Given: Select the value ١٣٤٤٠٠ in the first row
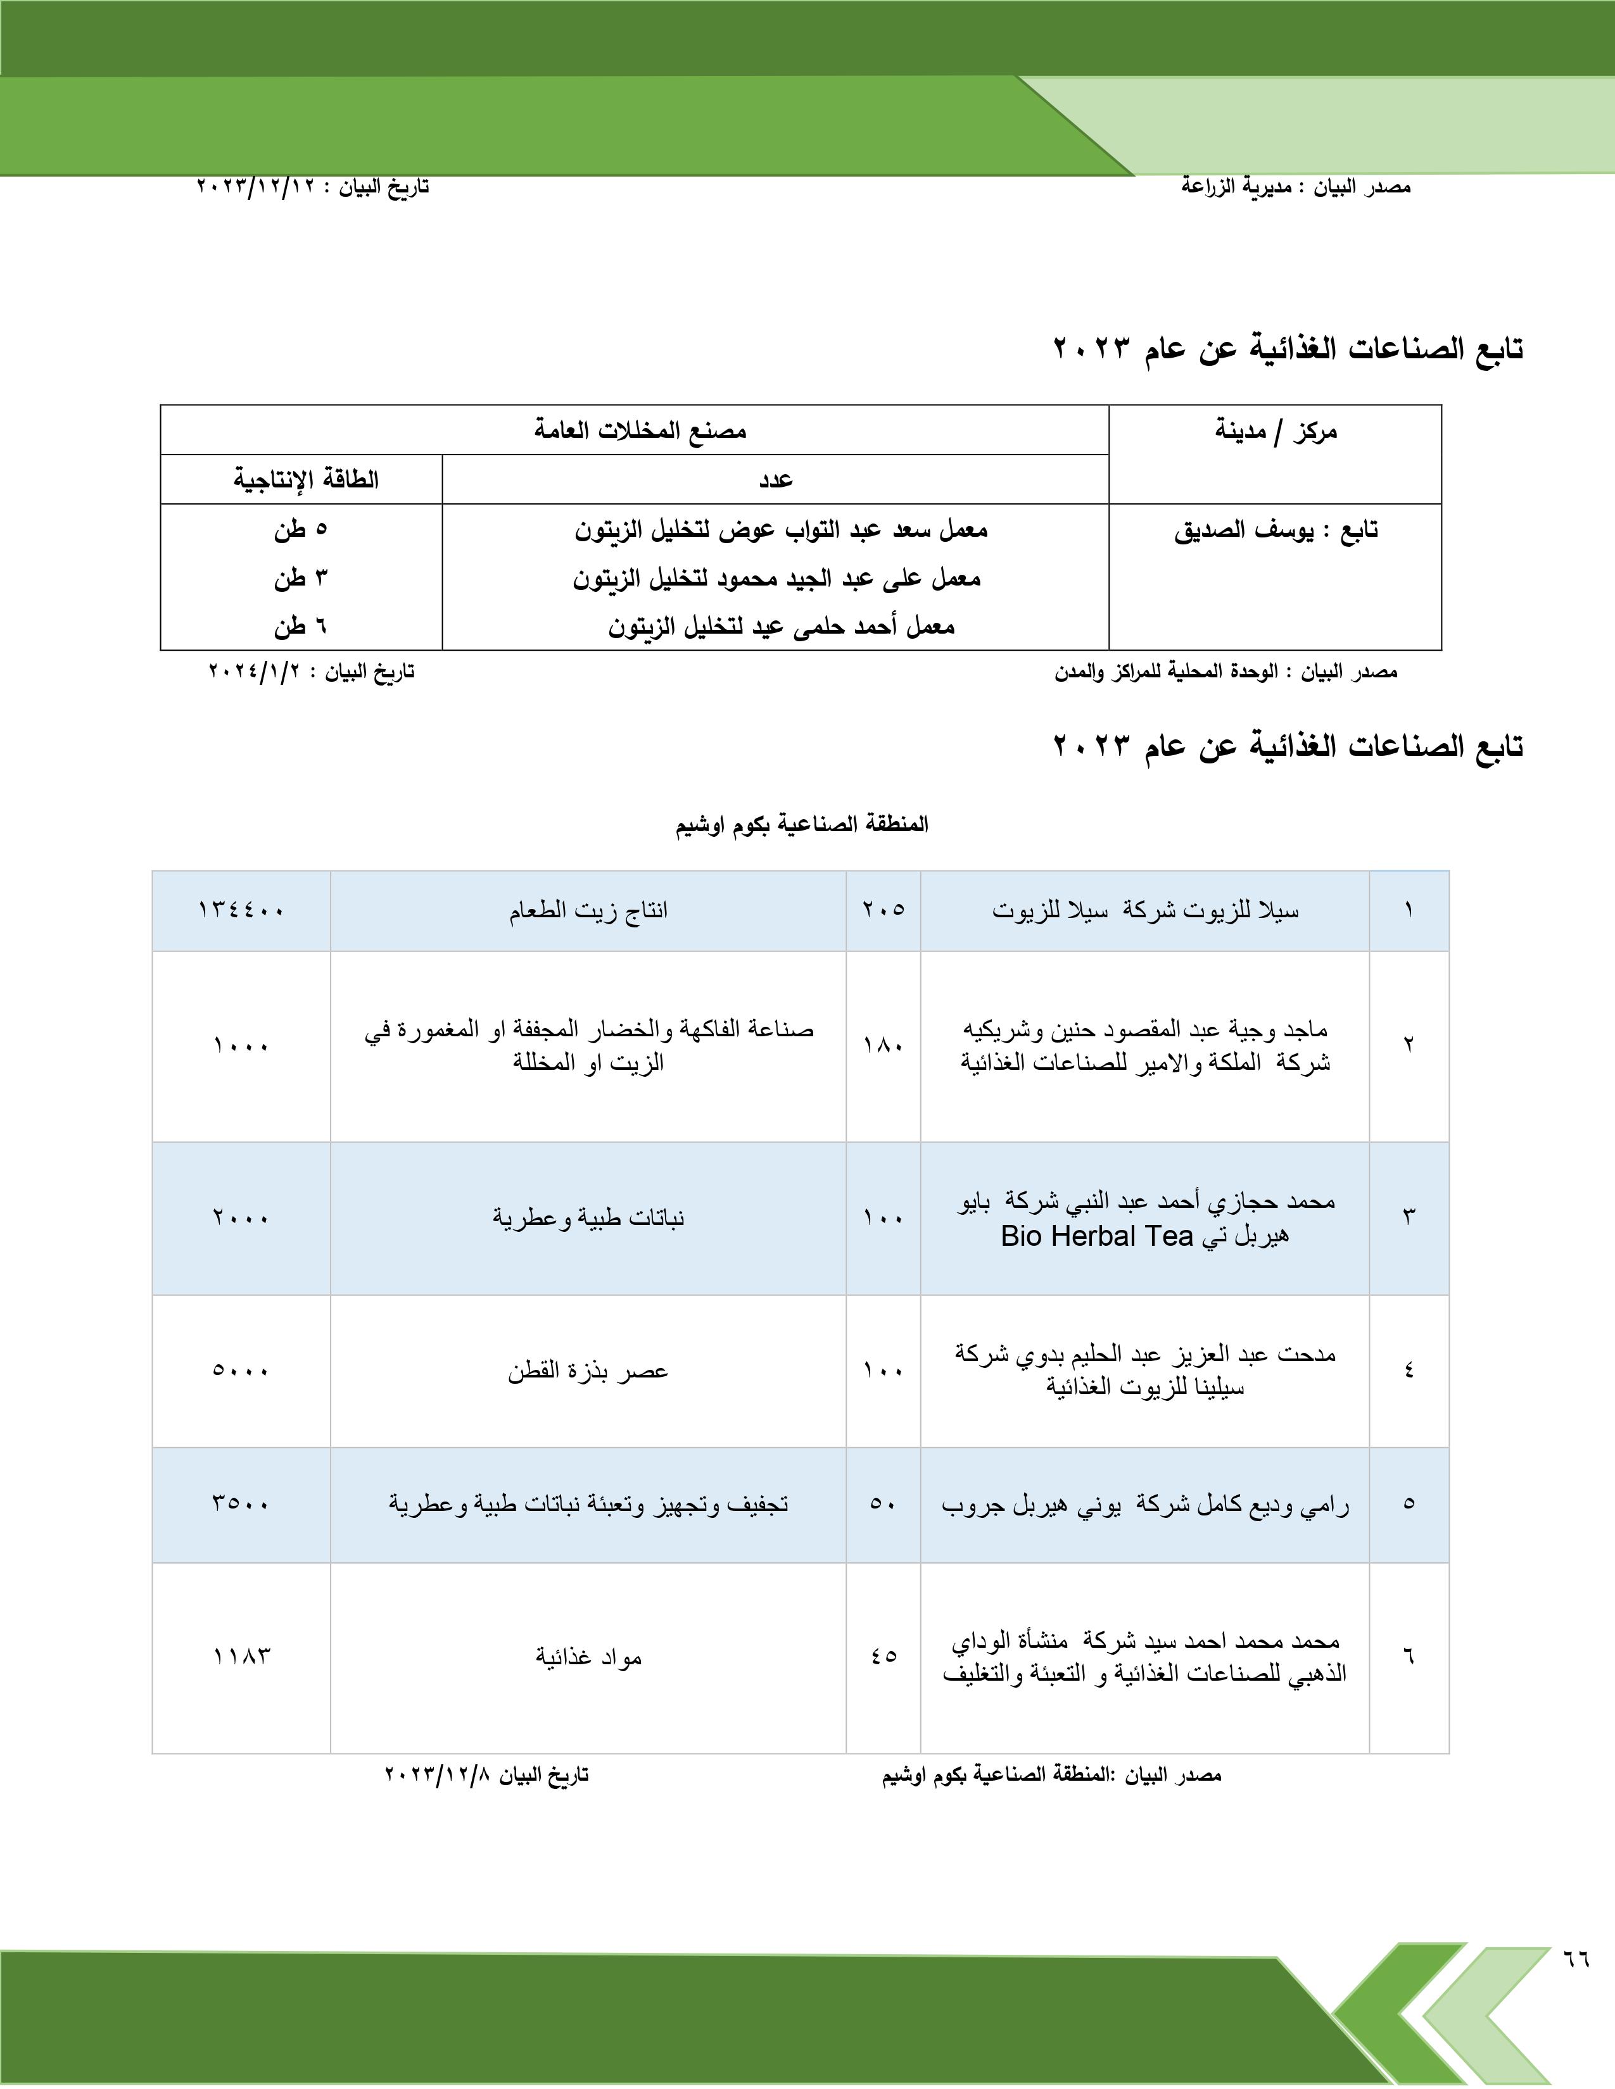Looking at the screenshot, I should pyautogui.click(x=241, y=910).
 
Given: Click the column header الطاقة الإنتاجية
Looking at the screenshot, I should pyautogui.click(x=305, y=479).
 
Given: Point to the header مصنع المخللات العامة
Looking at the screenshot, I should pyautogui.click(x=640, y=430).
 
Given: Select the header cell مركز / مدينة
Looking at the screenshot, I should pyautogui.click(x=1276, y=431).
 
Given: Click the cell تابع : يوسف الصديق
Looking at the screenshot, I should pyautogui.click(x=1276, y=530).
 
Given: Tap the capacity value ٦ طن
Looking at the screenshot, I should pyautogui.click(x=300, y=627).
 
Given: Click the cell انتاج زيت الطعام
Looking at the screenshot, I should pyautogui.click(x=588, y=910).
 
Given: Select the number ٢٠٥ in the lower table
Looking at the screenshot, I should pyautogui.click(x=883, y=910).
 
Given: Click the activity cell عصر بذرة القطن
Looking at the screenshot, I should pyautogui.click(x=588, y=1371).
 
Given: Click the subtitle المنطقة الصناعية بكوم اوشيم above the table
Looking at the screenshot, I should pyautogui.click(x=802, y=824).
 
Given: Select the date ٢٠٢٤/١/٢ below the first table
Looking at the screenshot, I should pyautogui.click(x=253, y=672).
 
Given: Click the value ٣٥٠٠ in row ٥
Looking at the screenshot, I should pyautogui.click(x=241, y=1503).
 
